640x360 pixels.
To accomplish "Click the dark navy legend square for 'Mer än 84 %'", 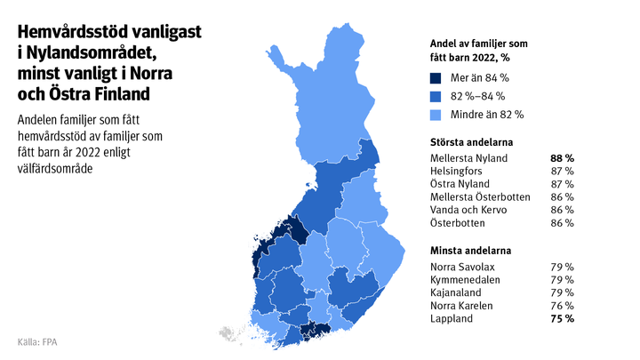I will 436,78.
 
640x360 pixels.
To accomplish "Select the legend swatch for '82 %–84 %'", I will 436,96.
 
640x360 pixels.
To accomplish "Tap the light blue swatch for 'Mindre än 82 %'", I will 436,115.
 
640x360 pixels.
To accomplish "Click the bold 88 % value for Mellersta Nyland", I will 562,158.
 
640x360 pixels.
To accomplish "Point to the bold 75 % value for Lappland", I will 562,317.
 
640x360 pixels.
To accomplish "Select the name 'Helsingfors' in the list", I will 456,171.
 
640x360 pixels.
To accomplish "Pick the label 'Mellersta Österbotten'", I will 480,196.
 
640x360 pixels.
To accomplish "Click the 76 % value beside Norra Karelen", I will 563,305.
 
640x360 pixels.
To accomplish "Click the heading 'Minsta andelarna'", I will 469,251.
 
